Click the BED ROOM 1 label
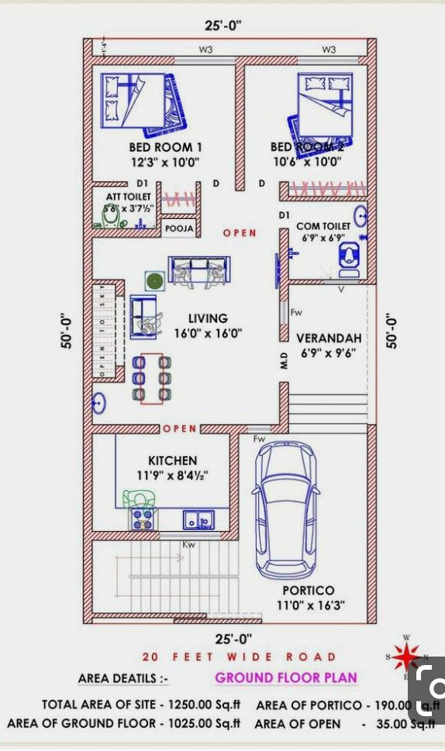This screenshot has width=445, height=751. (x=165, y=147)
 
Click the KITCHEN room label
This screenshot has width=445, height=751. (x=172, y=461)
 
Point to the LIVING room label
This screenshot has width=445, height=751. (x=208, y=318)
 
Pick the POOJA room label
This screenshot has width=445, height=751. (x=179, y=229)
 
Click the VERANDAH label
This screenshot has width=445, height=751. (x=329, y=338)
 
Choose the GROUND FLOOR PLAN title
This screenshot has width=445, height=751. (x=286, y=677)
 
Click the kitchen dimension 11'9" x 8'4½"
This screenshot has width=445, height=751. (x=173, y=475)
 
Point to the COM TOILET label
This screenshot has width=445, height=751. (x=323, y=226)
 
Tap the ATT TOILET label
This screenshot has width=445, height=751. (x=129, y=197)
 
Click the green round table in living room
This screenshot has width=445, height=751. (x=154, y=279)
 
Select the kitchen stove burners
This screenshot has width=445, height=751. (x=143, y=519)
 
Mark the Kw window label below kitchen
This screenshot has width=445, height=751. (x=188, y=545)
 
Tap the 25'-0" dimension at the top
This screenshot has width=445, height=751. (x=223, y=26)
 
